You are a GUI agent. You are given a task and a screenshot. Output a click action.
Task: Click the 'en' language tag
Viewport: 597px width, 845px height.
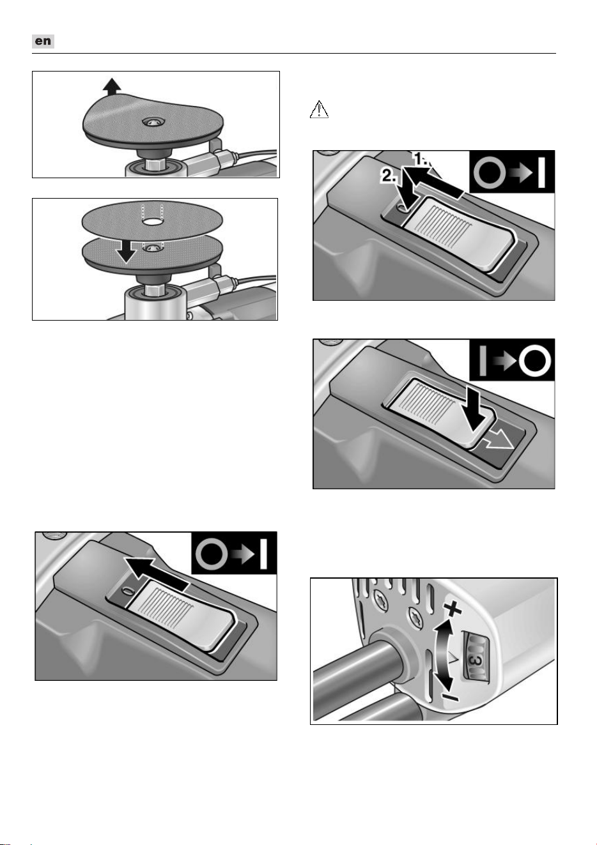click(x=43, y=41)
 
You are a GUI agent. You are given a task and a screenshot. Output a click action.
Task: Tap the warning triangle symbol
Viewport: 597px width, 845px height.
click(x=319, y=109)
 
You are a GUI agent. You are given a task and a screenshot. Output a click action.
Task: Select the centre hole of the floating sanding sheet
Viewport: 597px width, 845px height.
click(x=151, y=222)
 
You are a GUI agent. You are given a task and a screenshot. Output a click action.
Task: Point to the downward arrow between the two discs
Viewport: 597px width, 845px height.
click(x=125, y=251)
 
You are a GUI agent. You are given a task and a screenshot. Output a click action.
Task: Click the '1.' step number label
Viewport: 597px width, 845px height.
click(x=422, y=158)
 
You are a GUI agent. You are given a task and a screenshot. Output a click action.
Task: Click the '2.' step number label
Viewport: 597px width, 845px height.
click(x=388, y=176)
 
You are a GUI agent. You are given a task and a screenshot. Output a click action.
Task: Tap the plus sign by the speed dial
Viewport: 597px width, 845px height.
click(x=453, y=607)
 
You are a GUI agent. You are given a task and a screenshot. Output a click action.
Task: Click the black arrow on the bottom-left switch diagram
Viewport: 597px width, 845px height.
click(x=155, y=574)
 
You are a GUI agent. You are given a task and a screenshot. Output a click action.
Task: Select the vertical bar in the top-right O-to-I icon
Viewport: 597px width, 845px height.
click(x=541, y=172)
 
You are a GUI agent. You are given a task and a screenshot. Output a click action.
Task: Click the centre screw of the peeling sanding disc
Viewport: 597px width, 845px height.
click(x=153, y=121)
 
